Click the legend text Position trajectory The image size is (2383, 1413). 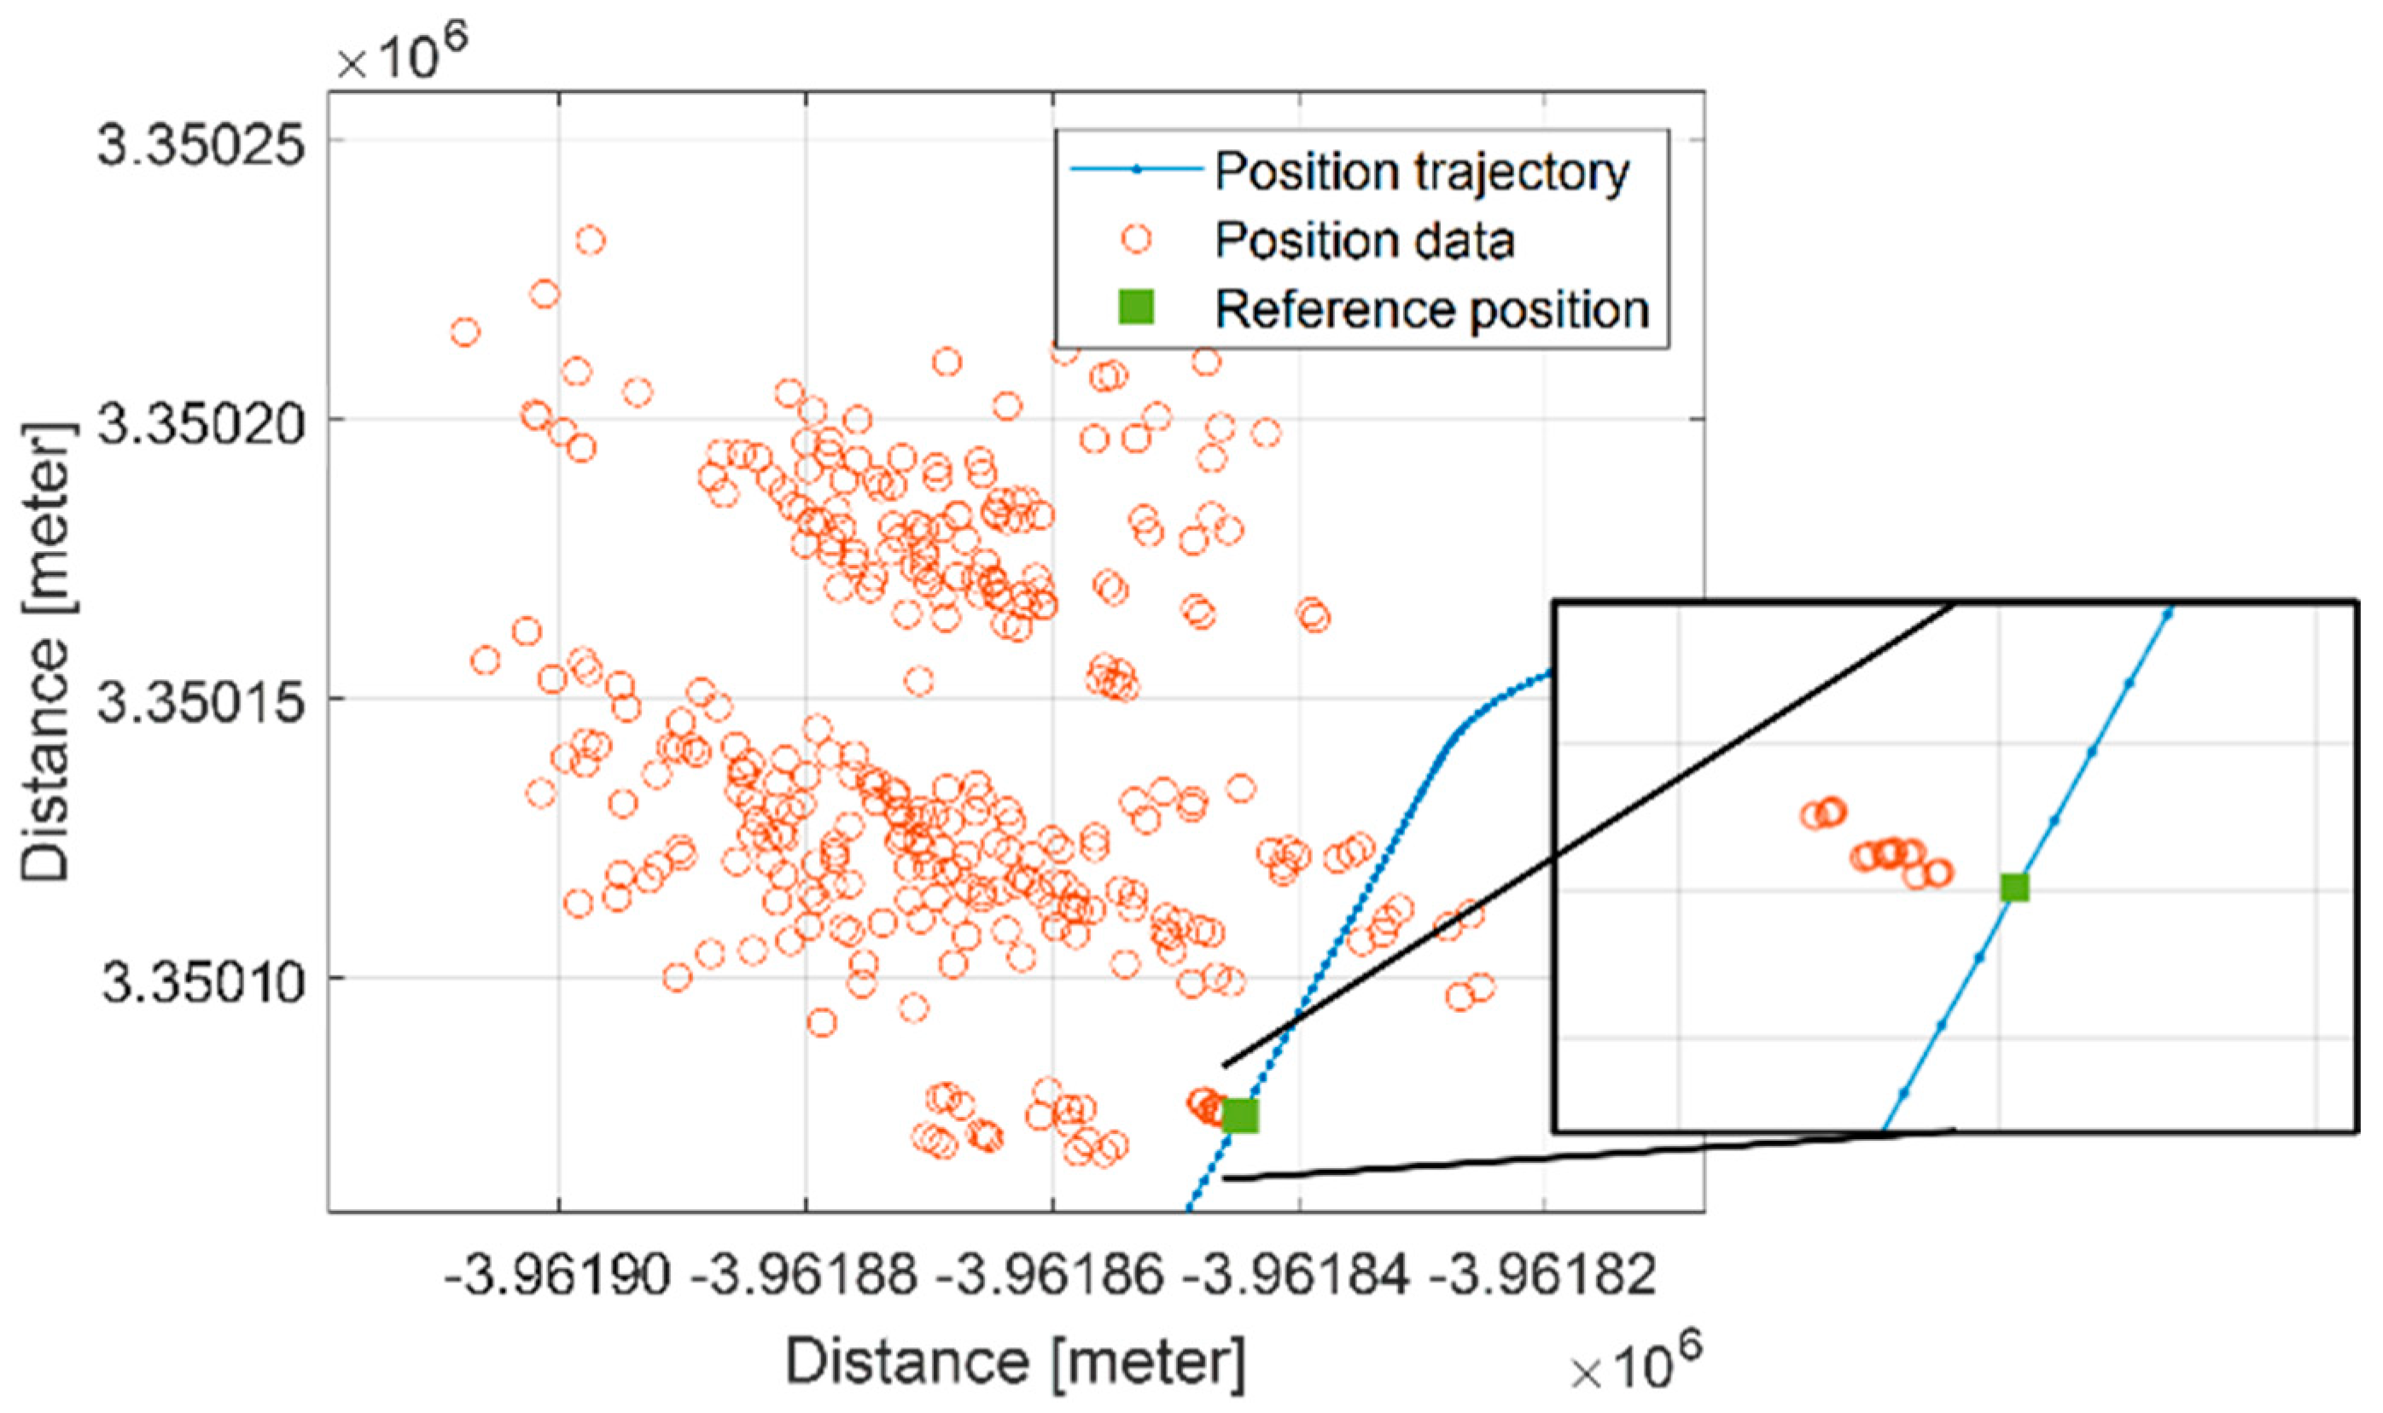click(1422, 172)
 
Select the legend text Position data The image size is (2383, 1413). click(1364, 240)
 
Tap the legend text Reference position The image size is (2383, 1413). click(1431, 310)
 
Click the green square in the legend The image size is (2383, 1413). click(1135, 307)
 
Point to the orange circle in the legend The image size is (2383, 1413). click(1135, 238)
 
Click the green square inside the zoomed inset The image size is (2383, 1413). click(2014, 887)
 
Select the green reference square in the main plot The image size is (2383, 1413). click(1240, 1115)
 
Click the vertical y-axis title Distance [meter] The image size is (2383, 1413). click(46, 652)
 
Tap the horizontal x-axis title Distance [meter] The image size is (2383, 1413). click(1014, 1363)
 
